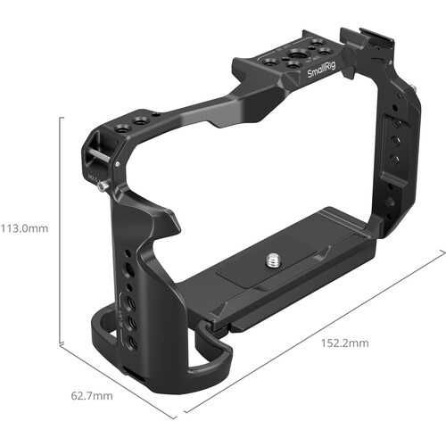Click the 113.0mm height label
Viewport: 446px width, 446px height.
(24, 228)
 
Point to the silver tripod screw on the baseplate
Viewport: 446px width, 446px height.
(272, 261)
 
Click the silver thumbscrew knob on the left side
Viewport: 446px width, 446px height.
(104, 186)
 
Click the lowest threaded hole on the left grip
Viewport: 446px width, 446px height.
(132, 342)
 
